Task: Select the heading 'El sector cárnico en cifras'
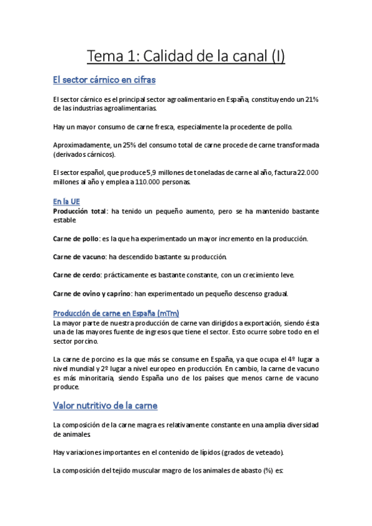104,80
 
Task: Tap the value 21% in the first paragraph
309,99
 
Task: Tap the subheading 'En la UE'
66,201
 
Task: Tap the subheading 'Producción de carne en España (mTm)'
116,313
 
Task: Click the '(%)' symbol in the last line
263,471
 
